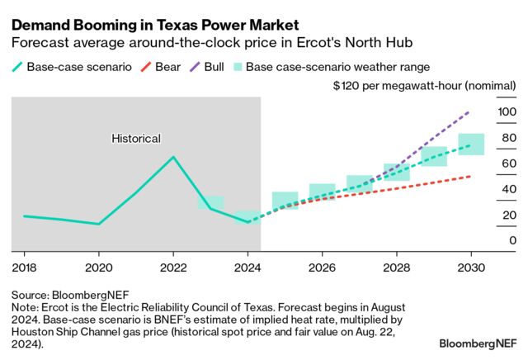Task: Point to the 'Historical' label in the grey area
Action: [136, 139]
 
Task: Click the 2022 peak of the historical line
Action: [172, 156]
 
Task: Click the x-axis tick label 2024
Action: [247, 268]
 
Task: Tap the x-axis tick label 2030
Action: [470, 268]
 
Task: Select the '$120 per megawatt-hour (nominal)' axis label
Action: [424, 85]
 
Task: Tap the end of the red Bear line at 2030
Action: [470, 176]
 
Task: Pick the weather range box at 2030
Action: [471, 144]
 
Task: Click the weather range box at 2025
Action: [285, 201]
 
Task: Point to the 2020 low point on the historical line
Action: [98, 224]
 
